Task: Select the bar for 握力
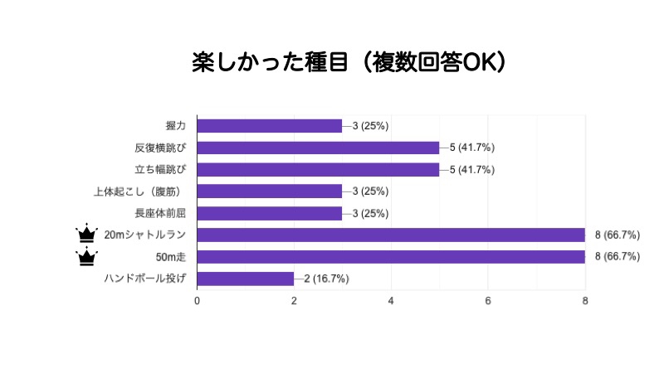pyautogui.click(x=269, y=126)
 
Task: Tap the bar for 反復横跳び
pyautogui.click(x=318, y=148)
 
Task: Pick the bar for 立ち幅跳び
pyautogui.click(x=318, y=170)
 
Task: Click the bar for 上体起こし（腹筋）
pyautogui.click(x=269, y=191)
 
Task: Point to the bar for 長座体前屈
pyautogui.click(x=269, y=213)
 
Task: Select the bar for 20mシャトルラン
pyautogui.click(x=391, y=235)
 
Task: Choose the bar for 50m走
pyautogui.click(x=391, y=257)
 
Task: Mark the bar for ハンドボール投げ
pyautogui.click(x=246, y=279)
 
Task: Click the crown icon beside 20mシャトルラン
pyautogui.click(x=87, y=233)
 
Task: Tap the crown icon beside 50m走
pyautogui.click(x=87, y=256)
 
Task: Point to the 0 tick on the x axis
pyautogui.click(x=197, y=301)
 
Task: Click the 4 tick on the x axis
pyautogui.click(x=391, y=301)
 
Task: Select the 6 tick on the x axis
pyautogui.click(x=488, y=301)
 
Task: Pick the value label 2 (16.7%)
pyautogui.click(x=326, y=279)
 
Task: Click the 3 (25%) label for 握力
pyautogui.click(x=370, y=126)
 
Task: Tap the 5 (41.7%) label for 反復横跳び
pyautogui.click(x=472, y=148)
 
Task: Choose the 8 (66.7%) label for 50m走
pyautogui.click(x=618, y=257)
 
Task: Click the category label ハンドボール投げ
pyautogui.click(x=144, y=279)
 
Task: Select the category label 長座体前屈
pyautogui.click(x=160, y=213)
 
